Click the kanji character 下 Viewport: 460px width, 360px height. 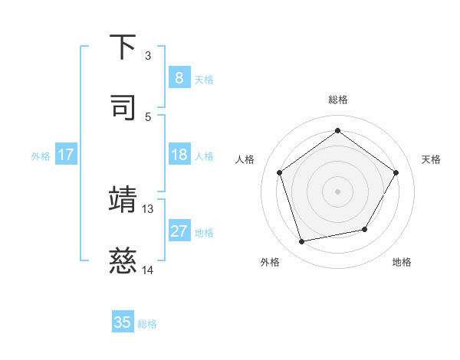click(123, 47)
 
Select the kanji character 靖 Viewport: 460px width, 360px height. click(123, 199)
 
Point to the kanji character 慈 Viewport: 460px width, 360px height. click(123, 262)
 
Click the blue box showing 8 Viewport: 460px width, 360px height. click(179, 77)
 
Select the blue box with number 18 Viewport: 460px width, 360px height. click(179, 155)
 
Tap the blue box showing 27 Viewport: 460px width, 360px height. click(179, 231)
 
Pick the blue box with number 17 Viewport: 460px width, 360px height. click(65, 155)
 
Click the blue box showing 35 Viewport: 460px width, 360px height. click(123, 322)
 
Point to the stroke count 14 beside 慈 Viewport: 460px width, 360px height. click(147, 270)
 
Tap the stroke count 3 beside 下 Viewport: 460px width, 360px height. click(148, 56)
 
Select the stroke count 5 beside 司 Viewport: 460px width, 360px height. click(148, 116)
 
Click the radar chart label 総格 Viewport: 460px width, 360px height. click(337, 100)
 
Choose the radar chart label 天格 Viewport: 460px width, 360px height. click(431, 159)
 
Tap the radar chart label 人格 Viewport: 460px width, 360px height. click(245, 159)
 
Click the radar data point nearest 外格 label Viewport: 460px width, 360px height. click(302, 242)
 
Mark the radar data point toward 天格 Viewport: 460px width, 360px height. click(396, 172)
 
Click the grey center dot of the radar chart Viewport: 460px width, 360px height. click(337, 191)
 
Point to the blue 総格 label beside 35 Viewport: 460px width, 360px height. click(147, 324)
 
